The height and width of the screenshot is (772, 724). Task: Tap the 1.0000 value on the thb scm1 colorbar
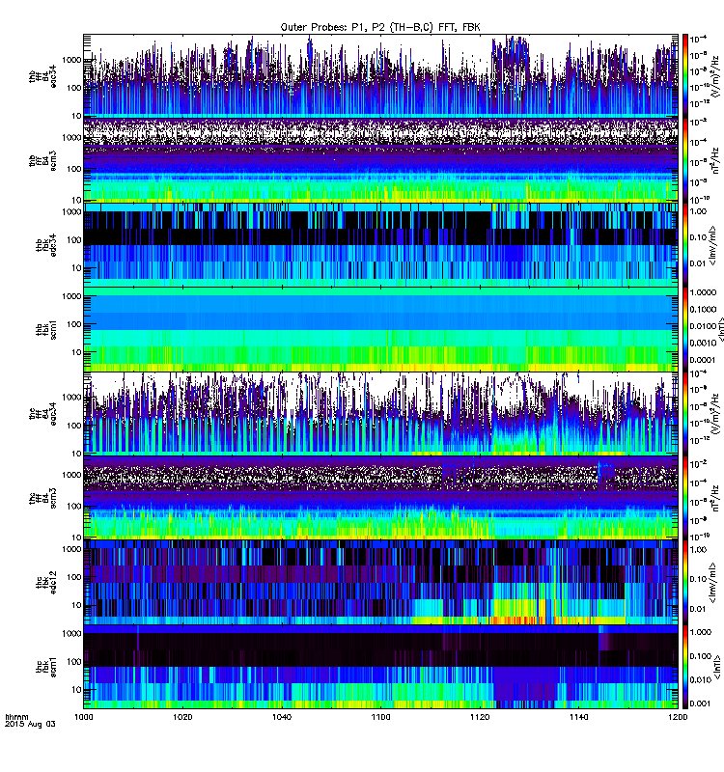tap(705, 290)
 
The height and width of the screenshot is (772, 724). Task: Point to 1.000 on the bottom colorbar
tap(703, 632)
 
